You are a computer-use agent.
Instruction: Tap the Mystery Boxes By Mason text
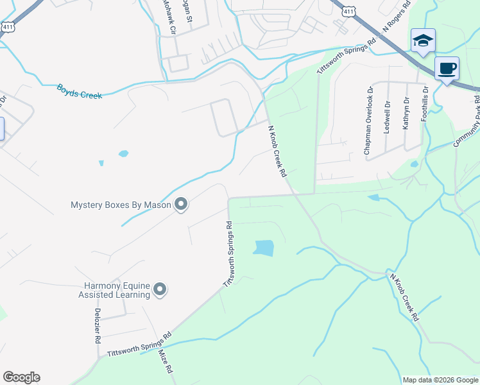point(121,205)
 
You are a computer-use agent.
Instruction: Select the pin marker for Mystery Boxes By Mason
point(181,205)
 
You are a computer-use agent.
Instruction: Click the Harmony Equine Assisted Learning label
point(116,290)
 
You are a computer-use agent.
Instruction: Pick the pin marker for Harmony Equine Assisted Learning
point(160,290)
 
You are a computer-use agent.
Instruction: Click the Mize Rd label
point(166,361)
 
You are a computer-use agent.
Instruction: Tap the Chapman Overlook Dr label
point(368,122)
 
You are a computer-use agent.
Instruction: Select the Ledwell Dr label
point(387,117)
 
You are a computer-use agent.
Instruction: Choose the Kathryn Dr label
point(406,114)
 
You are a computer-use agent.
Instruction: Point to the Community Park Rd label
point(467,121)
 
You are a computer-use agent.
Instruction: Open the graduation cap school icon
point(423,42)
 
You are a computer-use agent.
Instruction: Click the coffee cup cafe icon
point(447,68)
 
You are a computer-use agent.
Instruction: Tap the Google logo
point(21,377)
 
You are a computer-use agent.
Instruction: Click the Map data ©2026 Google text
point(440,380)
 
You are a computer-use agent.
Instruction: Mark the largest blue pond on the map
point(263,248)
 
